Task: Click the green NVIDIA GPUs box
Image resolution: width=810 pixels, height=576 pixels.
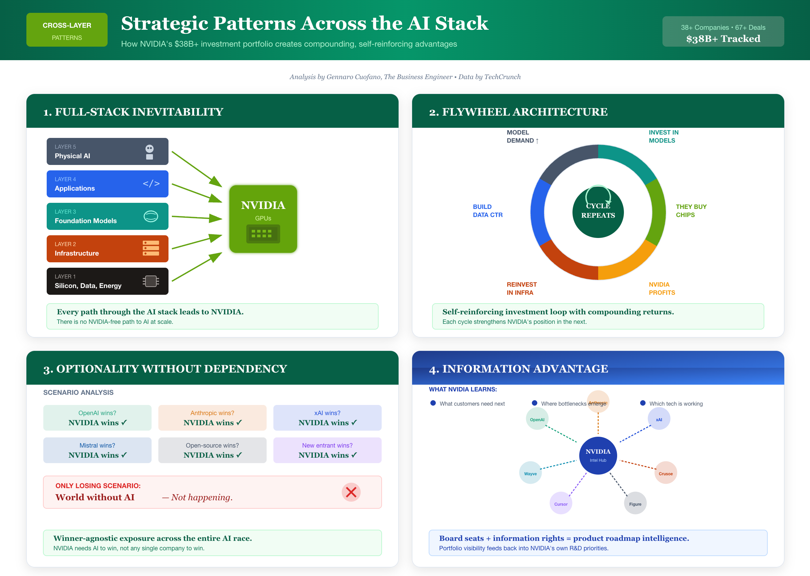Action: tap(263, 219)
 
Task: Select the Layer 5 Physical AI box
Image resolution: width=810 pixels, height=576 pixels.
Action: tap(107, 151)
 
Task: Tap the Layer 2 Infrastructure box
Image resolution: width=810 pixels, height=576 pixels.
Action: tap(107, 249)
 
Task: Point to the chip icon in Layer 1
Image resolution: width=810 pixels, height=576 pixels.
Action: tap(151, 281)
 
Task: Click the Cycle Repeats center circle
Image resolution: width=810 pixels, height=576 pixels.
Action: tap(598, 212)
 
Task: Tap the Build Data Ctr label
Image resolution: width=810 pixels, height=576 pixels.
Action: tap(487, 211)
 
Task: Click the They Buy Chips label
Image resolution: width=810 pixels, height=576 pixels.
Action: tap(691, 211)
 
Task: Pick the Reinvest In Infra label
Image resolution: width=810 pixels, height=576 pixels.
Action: tap(521, 288)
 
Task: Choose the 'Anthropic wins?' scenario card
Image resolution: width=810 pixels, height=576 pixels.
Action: tap(212, 418)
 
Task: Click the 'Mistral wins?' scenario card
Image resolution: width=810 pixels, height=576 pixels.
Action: tap(97, 450)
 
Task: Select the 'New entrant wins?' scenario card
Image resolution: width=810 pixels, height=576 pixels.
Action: tap(327, 450)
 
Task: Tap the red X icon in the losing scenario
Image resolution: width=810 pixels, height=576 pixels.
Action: tap(351, 492)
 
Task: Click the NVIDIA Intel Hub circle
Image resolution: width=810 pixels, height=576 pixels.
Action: tap(598, 455)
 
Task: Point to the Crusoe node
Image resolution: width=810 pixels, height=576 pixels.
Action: tap(666, 473)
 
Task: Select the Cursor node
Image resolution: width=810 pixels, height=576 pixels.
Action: tap(561, 504)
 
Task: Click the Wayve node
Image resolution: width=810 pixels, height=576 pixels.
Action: tap(530, 473)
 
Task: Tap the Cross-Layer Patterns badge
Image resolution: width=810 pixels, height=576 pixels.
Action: tap(67, 30)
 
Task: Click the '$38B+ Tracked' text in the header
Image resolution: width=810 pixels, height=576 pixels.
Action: tap(723, 39)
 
